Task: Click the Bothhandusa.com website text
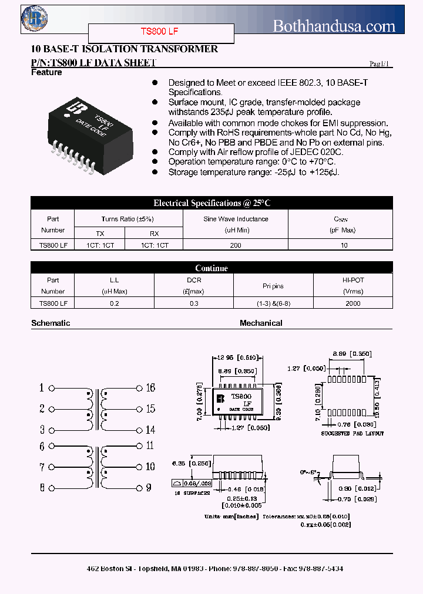click(334, 26)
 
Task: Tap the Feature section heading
click(46, 72)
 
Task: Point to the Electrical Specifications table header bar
click(211, 203)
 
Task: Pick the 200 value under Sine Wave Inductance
click(236, 245)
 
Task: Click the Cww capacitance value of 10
click(344, 245)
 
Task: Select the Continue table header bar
click(211, 268)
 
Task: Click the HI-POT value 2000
click(352, 303)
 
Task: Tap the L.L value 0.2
click(114, 303)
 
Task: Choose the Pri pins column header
click(273, 286)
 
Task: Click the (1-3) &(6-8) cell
click(273, 303)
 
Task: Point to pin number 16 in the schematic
click(150, 388)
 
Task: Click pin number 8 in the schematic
click(42, 487)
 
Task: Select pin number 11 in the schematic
click(150, 446)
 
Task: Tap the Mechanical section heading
click(261, 323)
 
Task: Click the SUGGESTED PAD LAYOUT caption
click(352, 433)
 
